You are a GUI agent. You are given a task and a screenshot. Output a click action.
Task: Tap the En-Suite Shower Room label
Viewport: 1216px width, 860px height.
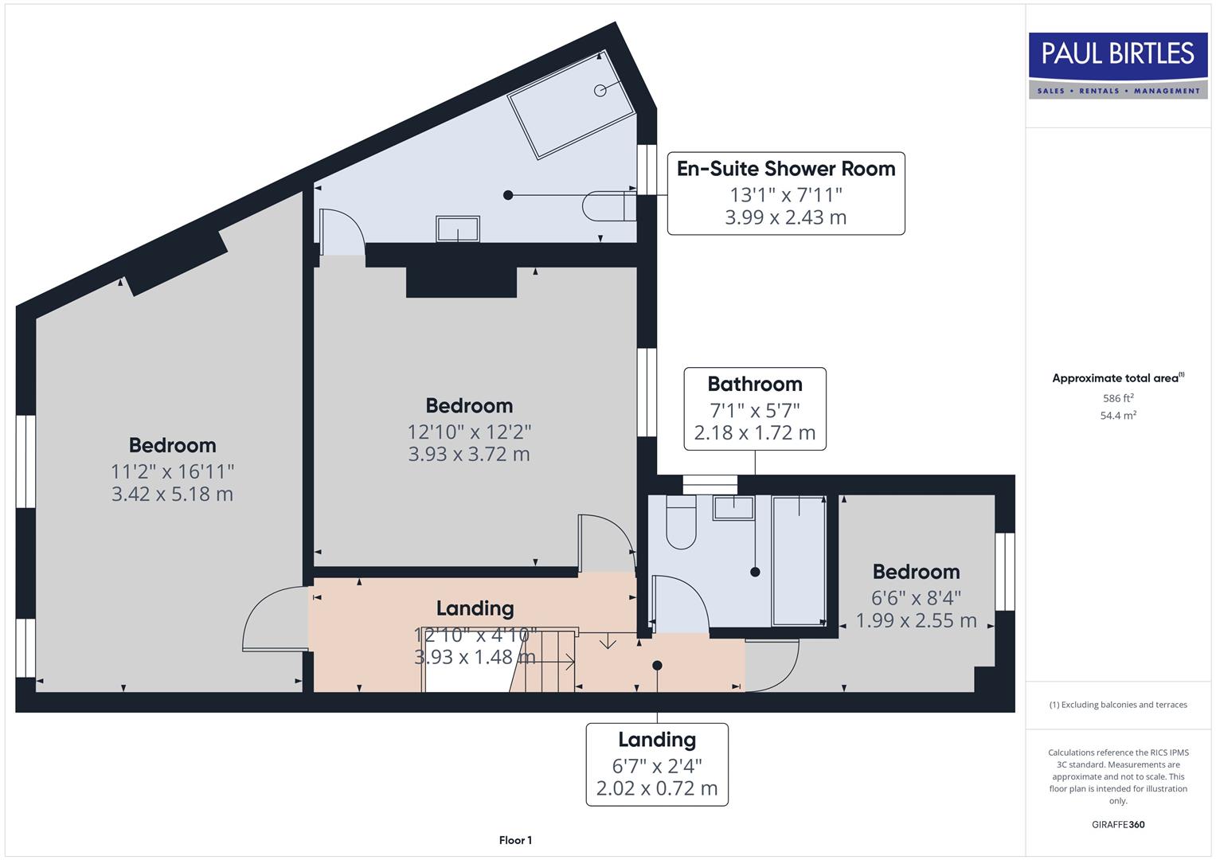click(x=785, y=169)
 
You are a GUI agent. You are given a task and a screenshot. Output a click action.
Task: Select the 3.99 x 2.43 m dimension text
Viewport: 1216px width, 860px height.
click(x=785, y=217)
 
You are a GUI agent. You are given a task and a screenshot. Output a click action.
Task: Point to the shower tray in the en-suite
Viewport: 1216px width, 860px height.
click(x=572, y=104)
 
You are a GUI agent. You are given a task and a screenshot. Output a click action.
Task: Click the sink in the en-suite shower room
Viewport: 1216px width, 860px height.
click(x=458, y=229)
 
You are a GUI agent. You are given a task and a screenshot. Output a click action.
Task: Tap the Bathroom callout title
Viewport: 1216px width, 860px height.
click(x=754, y=384)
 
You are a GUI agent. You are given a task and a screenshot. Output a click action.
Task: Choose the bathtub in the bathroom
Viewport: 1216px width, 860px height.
click(x=799, y=561)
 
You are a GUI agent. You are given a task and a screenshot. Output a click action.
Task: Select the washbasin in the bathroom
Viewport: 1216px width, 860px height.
click(x=733, y=508)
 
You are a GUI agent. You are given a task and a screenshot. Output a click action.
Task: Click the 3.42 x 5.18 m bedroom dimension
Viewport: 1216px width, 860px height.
click(x=172, y=494)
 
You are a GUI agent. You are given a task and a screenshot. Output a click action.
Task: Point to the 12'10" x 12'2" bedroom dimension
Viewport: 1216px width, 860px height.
click(x=469, y=432)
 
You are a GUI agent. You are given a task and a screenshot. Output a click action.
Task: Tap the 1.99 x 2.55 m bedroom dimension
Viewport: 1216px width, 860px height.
click(x=916, y=620)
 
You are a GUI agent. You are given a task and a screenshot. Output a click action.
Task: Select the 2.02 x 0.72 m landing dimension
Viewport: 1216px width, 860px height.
click(x=657, y=788)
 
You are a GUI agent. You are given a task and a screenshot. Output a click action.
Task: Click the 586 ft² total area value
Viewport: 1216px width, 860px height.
click(x=1118, y=398)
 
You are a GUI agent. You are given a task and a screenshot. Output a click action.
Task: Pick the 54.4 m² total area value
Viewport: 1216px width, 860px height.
click(x=1118, y=415)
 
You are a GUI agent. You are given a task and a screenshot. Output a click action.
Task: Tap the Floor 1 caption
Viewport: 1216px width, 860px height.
click(x=515, y=840)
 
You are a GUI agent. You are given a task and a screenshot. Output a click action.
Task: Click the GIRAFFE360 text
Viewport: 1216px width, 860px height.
click(x=1118, y=824)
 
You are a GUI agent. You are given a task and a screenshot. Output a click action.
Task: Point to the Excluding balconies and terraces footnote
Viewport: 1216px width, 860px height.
click(x=1118, y=705)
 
